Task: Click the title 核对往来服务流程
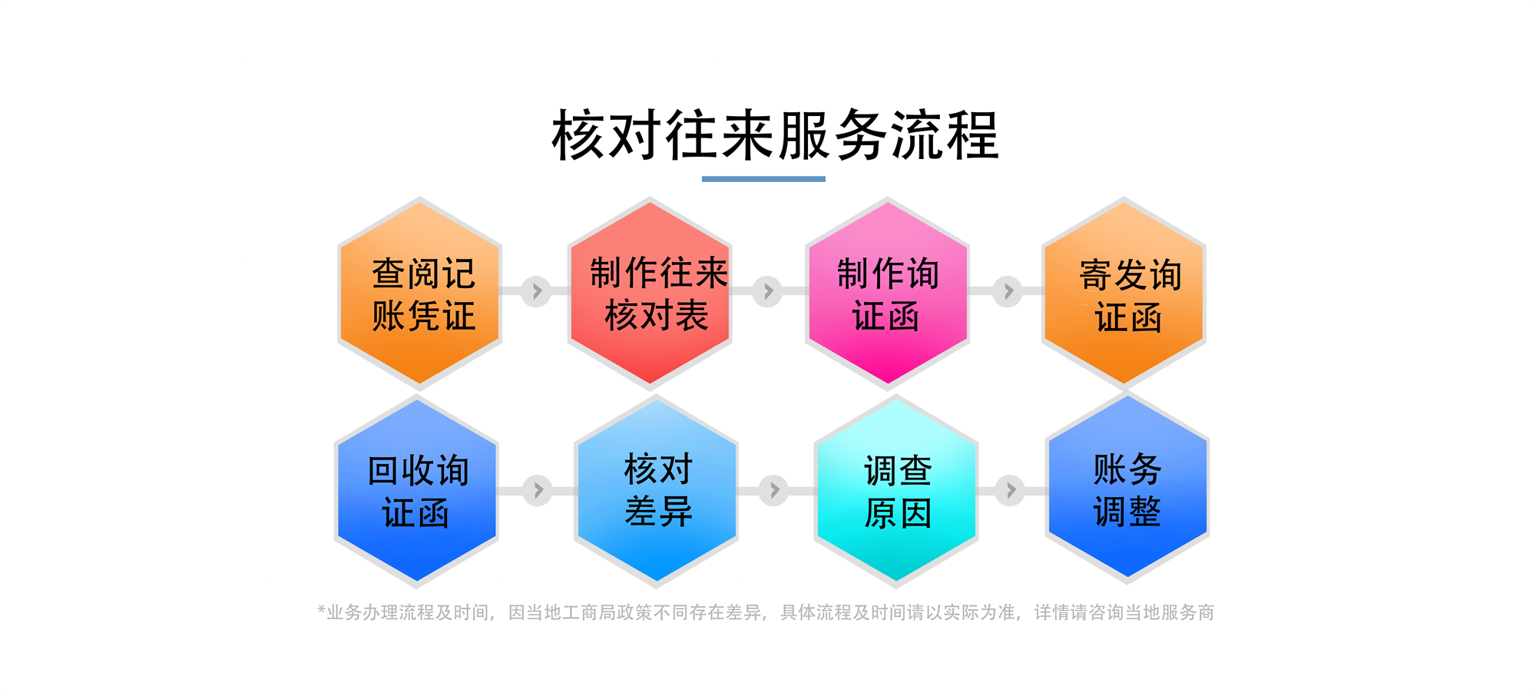pos(775,135)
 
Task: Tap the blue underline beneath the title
pos(763,179)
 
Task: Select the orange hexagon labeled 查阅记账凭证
pos(419,293)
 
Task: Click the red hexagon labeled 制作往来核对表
pos(650,293)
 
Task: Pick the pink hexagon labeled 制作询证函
pos(887,293)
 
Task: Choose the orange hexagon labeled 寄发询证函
pos(1124,293)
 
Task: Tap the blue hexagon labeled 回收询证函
pos(417,491)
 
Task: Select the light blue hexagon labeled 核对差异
pos(657,491)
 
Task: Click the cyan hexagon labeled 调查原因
pos(895,491)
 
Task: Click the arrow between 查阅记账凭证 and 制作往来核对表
pos(537,291)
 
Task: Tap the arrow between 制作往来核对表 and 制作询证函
pos(767,291)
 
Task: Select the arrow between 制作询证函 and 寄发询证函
pos(1008,291)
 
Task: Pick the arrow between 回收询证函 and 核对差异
pos(538,490)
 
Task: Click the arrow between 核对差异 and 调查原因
pos(774,490)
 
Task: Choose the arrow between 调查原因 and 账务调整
pos(1010,489)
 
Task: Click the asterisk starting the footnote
pos(321,610)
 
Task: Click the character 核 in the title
pos(578,135)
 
